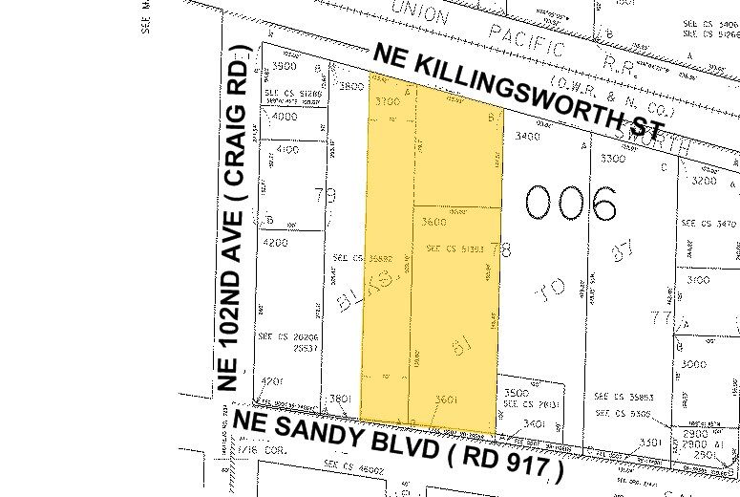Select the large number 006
click(570, 204)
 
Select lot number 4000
click(285, 117)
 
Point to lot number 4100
click(285, 150)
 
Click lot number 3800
click(353, 86)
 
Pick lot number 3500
click(517, 393)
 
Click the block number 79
click(326, 197)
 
